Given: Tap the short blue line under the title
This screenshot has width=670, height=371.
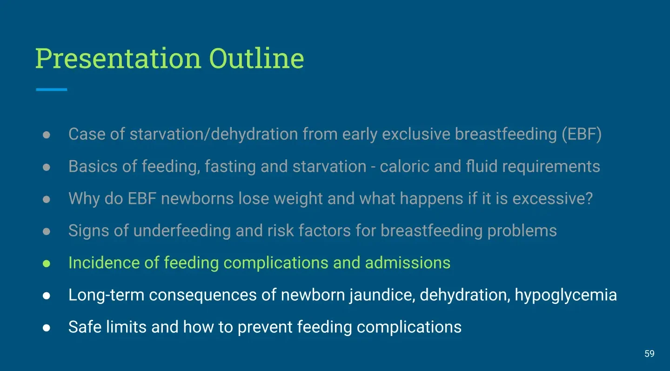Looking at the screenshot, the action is click(52, 89).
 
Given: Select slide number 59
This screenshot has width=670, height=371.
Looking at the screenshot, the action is click(650, 354).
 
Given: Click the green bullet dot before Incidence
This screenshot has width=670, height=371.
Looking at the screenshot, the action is click(47, 263).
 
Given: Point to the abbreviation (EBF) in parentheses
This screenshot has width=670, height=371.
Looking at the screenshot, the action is click(582, 134).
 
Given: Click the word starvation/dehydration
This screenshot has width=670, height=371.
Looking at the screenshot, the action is click(214, 134).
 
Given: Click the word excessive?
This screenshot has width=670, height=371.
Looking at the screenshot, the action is click(552, 198).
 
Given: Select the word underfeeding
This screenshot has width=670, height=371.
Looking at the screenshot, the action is click(182, 231).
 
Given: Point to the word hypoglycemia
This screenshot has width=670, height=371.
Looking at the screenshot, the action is click(566, 295).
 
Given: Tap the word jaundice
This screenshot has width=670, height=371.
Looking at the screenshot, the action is click(382, 295).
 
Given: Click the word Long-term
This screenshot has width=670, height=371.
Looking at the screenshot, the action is click(107, 295).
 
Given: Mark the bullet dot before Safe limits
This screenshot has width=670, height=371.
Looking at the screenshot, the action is click(47, 328).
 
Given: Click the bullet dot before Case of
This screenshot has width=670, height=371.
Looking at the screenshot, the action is click(47, 135).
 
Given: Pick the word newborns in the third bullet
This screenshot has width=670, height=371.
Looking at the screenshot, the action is click(197, 198).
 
